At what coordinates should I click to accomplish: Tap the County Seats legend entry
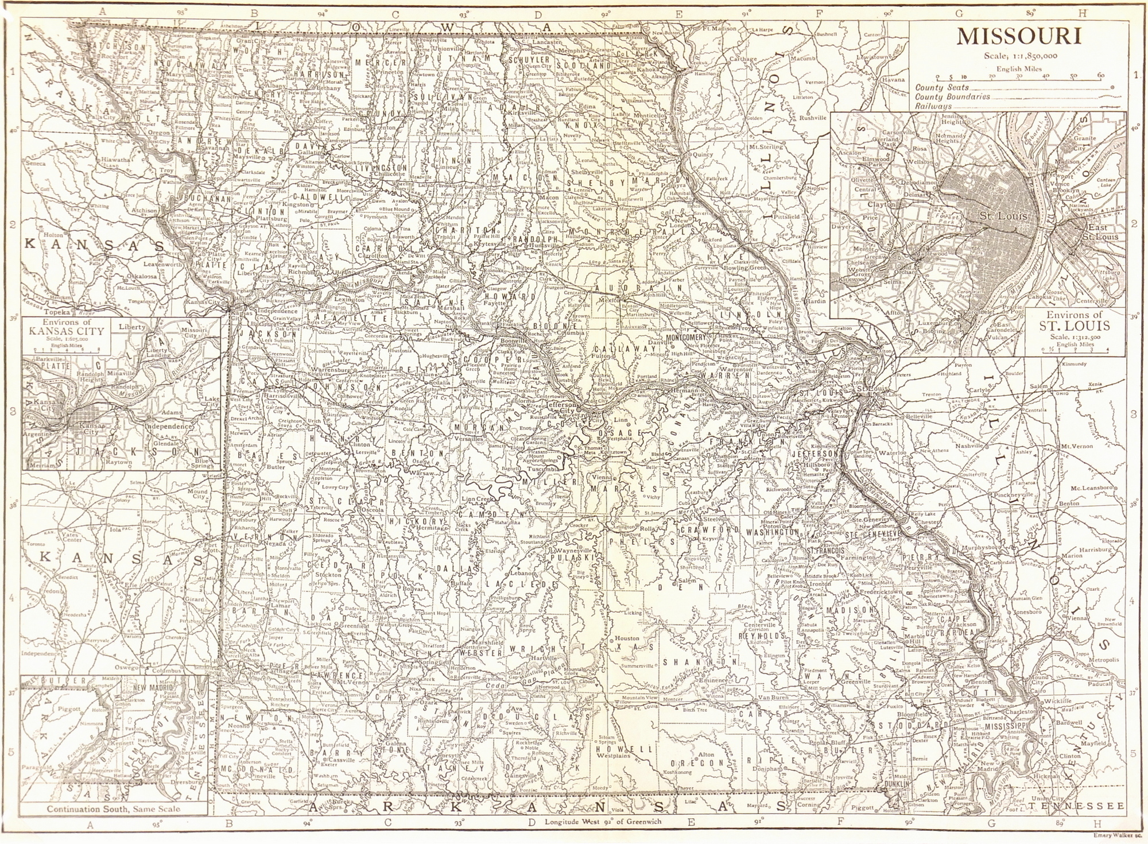click(942, 87)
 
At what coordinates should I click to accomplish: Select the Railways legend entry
click(933, 106)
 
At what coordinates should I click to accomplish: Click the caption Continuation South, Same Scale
click(113, 808)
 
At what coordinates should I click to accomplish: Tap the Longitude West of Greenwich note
click(603, 821)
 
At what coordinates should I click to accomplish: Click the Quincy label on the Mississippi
click(703, 154)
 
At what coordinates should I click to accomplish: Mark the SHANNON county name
click(690, 662)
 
